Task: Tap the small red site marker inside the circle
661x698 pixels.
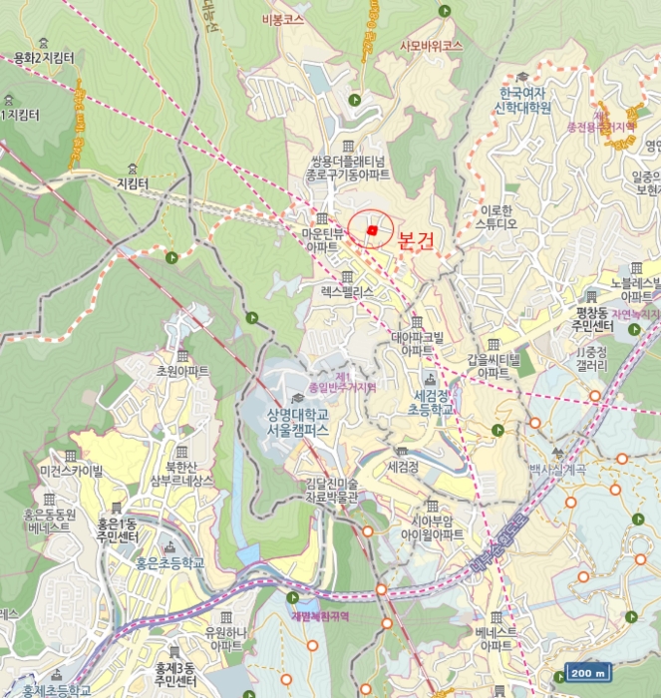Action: coord(371,230)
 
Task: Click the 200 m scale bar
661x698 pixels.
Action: coord(587,673)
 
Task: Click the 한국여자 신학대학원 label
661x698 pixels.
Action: coord(525,101)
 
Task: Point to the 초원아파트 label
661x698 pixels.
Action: coord(182,371)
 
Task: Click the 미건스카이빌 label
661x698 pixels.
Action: coord(71,471)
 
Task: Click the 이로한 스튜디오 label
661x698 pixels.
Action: coord(496,216)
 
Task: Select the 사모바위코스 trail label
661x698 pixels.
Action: coord(431,46)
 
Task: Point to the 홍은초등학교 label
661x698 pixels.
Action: coord(168,563)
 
